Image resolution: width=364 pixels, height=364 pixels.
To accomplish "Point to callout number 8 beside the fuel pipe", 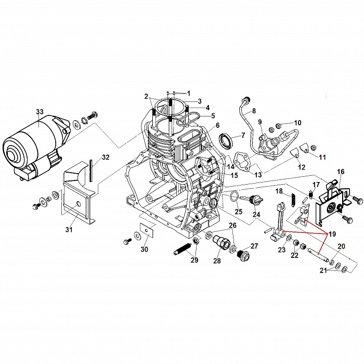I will pos(254,111).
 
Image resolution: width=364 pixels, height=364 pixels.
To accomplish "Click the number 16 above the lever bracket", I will pos(341,171).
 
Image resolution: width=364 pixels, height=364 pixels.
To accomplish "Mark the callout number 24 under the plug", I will pos(256,214).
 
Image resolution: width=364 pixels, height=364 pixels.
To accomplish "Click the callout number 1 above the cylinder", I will pos(188,93).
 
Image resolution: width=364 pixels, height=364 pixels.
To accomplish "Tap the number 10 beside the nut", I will pos(297,123).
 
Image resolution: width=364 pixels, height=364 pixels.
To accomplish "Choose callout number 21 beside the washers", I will pos(324,271).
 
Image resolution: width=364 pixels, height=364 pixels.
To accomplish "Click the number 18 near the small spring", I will pos(279,191).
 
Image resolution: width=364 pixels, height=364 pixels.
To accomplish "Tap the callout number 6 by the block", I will pos(217,125).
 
